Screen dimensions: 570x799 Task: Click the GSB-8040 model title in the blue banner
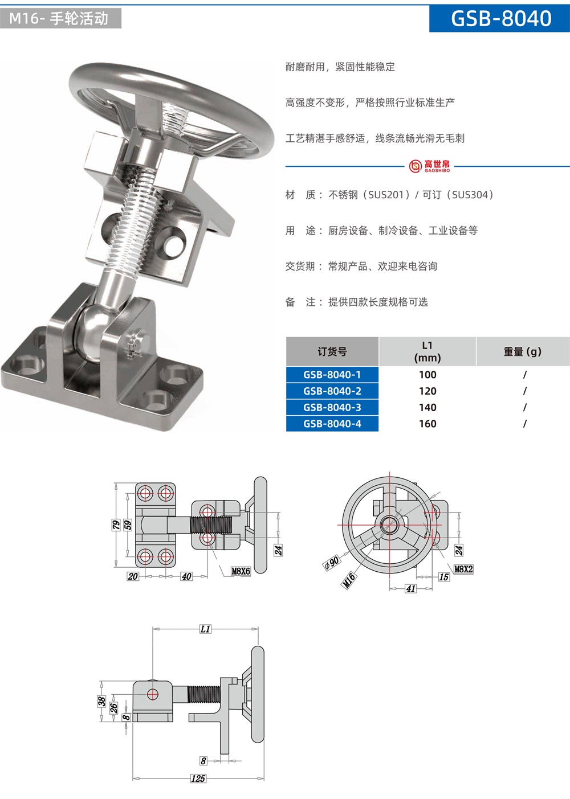[x=501, y=19]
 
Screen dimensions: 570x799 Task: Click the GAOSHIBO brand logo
[x=429, y=166]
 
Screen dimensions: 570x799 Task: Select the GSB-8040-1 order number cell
[x=332, y=375]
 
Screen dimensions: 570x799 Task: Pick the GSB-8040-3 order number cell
[x=332, y=407]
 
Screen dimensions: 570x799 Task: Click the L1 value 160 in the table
[x=427, y=424]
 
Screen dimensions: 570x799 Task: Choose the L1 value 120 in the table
[x=427, y=391]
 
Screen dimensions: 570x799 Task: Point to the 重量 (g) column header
[x=523, y=352]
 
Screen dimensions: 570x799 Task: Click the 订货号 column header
[x=332, y=352]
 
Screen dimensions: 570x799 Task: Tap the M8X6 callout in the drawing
[x=241, y=571]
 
